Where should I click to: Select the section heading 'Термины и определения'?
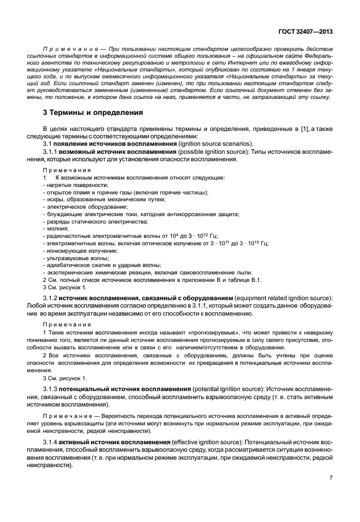coord(90,113)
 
